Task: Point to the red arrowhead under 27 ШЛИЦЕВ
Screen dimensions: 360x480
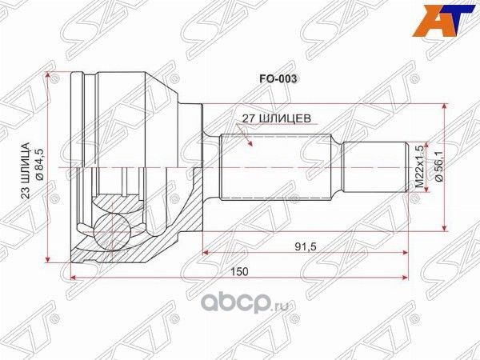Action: [251, 146]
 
